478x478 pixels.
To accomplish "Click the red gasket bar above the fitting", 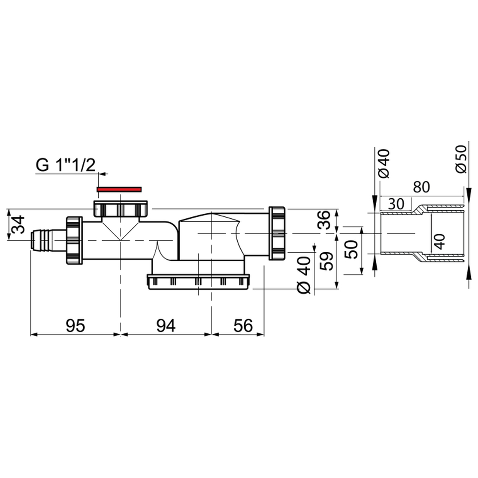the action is (x=119, y=189).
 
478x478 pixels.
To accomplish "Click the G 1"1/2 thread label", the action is (x=66, y=165).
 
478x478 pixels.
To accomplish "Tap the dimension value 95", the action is (x=75, y=326).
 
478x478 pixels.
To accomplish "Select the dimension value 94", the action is (x=166, y=326).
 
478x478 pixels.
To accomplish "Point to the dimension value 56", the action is (x=243, y=326).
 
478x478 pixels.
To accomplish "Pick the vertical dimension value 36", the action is (x=324, y=220).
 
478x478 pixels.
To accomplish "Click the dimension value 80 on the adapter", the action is (x=421, y=187).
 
